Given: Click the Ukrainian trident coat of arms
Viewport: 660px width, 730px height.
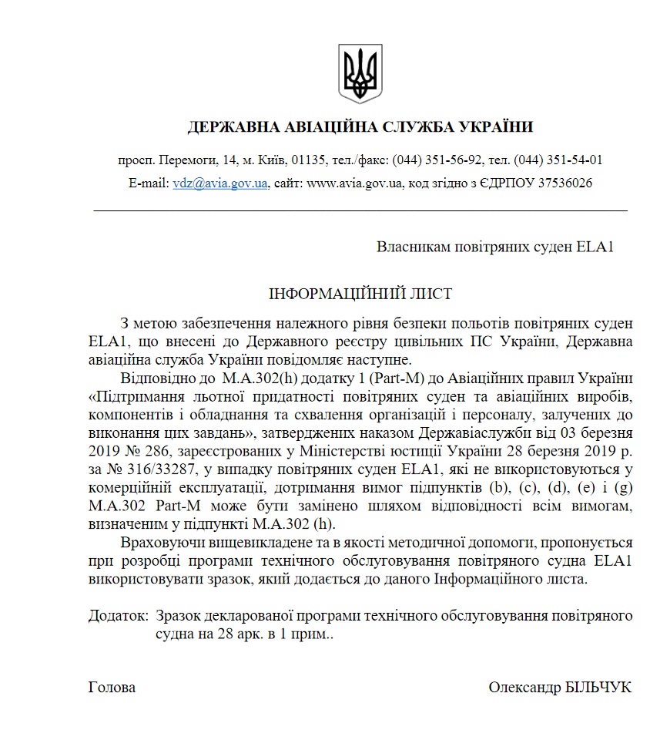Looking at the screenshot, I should [360, 73].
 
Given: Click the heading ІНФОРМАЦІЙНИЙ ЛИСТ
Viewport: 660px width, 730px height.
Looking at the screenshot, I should [360, 294].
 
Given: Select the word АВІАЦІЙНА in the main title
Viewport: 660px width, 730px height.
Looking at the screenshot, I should [322, 127].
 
